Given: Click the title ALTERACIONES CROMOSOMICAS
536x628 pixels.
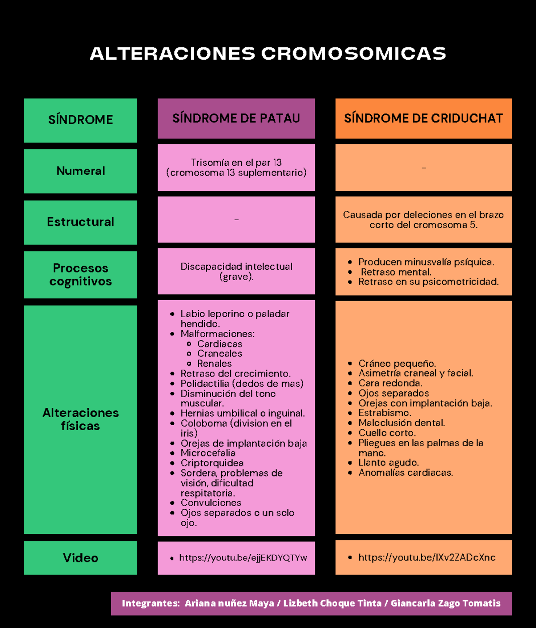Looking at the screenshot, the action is tap(268, 54).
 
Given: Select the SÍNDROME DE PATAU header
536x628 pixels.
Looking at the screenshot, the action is tap(236, 118).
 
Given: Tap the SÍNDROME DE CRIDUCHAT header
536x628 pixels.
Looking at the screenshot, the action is tap(423, 118).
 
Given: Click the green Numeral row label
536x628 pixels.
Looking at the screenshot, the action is tap(80, 171).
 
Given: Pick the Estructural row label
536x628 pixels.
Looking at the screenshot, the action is tap(80, 222).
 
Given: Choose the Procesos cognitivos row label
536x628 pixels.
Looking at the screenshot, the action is tap(80, 275).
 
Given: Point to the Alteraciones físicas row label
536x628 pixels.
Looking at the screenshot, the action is tap(80, 419).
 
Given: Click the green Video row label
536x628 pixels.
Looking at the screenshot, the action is tap(80, 558).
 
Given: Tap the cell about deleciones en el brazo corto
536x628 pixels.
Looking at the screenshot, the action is tap(423, 220).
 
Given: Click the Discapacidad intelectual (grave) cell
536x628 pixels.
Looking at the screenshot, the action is tap(236, 272).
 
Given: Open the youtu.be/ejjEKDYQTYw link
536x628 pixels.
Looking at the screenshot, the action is tap(243, 558).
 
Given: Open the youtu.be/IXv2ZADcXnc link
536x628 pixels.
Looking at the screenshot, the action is tap(427, 557).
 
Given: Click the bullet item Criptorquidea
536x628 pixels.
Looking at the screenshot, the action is tap(212, 463).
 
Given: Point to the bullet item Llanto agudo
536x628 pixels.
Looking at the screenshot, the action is tap(388, 463).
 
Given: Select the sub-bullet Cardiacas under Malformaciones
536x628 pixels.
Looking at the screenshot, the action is tap(219, 344).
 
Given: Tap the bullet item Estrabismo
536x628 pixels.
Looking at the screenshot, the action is tap(385, 413).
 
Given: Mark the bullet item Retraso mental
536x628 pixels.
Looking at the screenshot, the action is tap(396, 272).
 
